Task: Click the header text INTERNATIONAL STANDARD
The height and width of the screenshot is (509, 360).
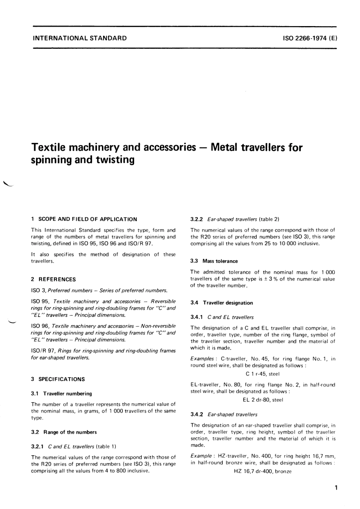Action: tap(80, 38)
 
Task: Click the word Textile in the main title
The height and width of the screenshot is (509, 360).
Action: tap(50, 147)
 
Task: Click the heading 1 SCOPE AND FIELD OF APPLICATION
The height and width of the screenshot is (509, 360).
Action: tap(84, 219)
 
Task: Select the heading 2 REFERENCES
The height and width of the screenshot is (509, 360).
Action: tap(53, 279)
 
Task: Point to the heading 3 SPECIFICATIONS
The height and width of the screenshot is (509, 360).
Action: tap(58, 379)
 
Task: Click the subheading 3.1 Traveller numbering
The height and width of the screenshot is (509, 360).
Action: tap(61, 393)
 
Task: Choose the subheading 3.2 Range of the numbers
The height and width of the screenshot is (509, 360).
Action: tap(64, 432)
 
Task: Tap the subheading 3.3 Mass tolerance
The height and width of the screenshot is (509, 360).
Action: tap(214, 261)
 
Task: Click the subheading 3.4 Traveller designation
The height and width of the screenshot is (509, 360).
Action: tap(222, 303)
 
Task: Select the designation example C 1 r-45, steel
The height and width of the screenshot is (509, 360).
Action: tap(263, 374)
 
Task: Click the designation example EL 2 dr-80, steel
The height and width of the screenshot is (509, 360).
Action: tap(263, 400)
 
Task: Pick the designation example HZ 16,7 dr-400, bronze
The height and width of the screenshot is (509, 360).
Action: tap(263, 471)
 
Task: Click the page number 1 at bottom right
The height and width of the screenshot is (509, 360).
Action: tap(336, 488)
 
